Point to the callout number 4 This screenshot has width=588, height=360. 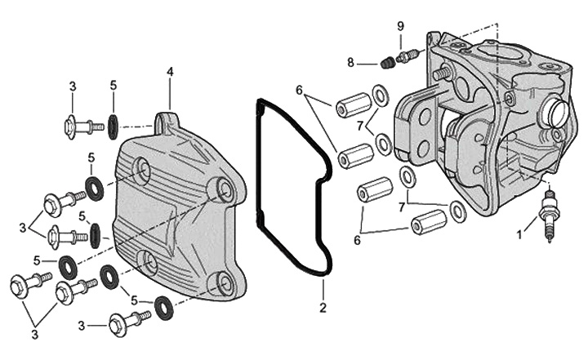(x=170, y=72)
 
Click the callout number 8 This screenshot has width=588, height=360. (x=350, y=62)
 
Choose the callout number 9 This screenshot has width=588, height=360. (x=400, y=26)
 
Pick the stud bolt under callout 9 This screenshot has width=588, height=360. (x=407, y=56)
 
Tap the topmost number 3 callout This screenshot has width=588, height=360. (x=73, y=86)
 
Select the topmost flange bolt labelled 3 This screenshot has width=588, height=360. (x=80, y=127)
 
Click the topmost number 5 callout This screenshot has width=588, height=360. (x=114, y=85)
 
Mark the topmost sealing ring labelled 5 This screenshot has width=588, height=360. (x=112, y=127)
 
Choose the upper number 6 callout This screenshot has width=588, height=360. (x=300, y=90)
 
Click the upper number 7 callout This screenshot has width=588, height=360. (x=360, y=124)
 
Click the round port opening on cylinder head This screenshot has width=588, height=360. (x=558, y=113)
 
